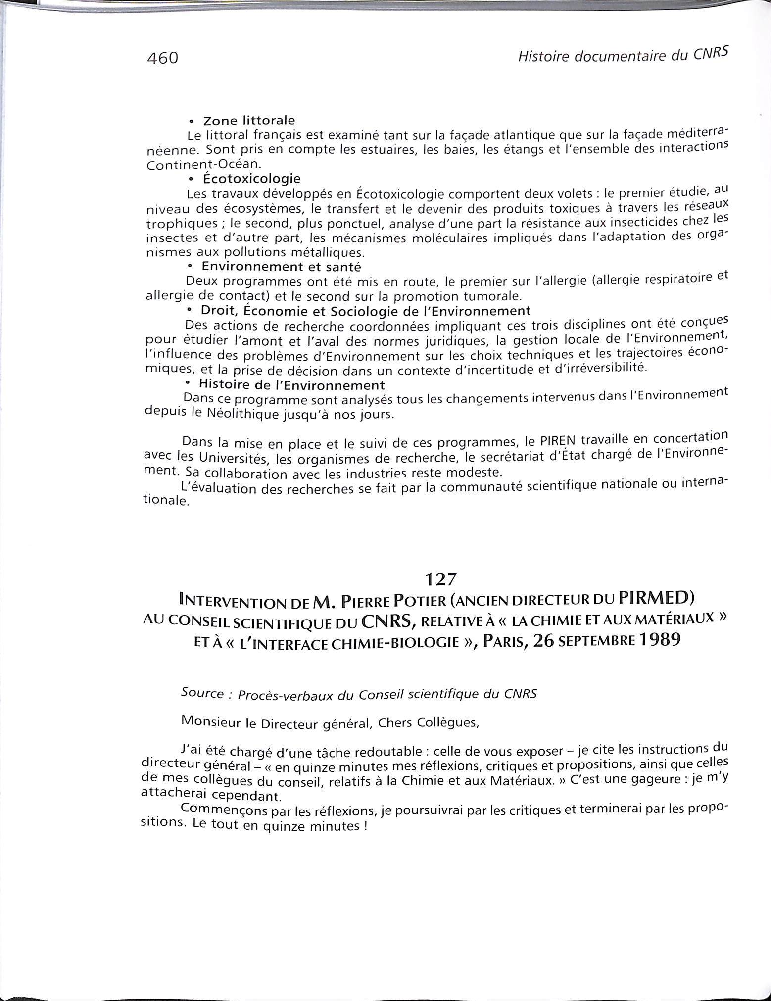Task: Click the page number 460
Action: click(162, 59)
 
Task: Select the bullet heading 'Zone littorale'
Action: click(249, 120)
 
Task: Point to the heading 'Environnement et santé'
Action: click(282, 267)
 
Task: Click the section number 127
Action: click(440, 578)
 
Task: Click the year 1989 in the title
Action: click(660, 639)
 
